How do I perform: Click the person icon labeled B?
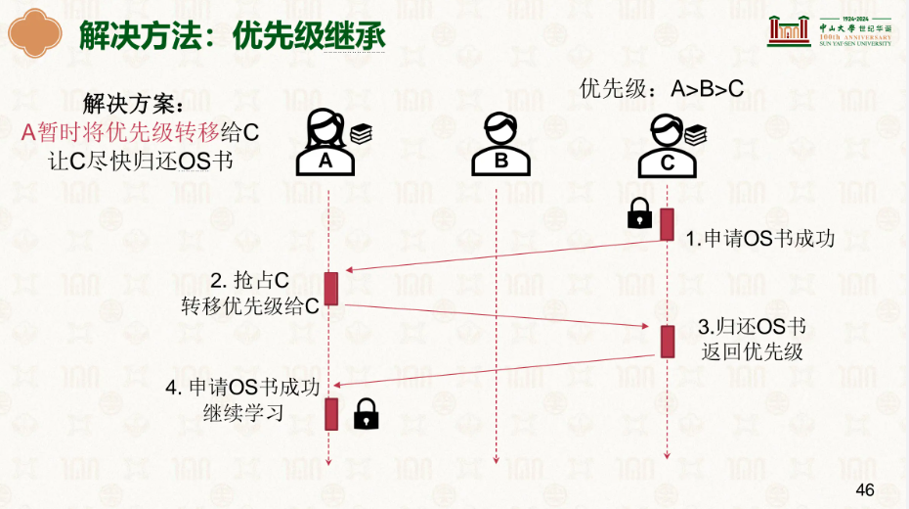(x=500, y=144)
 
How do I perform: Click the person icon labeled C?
(x=667, y=146)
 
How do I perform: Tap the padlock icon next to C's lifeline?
(x=639, y=213)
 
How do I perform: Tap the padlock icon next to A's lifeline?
(x=366, y=414)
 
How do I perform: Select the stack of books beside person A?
(x=362, y=134)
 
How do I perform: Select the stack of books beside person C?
(x=695, y=135)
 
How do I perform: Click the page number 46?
(x=864, y=489)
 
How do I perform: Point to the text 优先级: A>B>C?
(x=661, y=89)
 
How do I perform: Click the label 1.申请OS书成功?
(x=760, y=239)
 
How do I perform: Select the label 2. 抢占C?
(x=250, y=280)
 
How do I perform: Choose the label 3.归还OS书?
(x=752, y=327)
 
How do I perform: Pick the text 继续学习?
(x=243, y=413)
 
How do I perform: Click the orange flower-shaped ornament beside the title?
(x=35, y=33)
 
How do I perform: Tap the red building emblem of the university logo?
(x=789, y=30)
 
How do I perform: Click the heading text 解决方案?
(x=133, y=104)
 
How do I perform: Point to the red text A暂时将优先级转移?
(x=120, y=132)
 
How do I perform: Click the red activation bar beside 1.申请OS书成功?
(x=668, y=224)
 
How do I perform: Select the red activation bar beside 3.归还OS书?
(x=668, y=342)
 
